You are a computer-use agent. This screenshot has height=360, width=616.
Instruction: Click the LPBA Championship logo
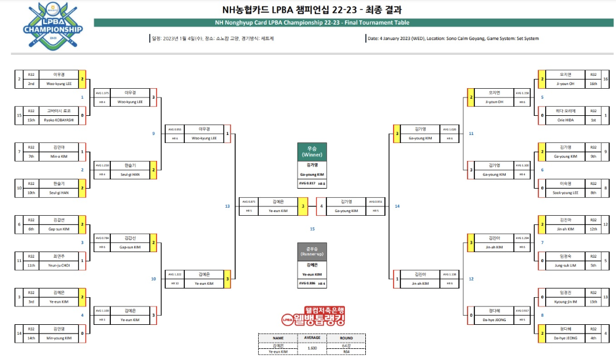point(52,25)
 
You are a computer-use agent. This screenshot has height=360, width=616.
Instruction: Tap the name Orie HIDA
point(565,120)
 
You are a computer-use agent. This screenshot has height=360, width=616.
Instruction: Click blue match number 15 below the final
point(312,229)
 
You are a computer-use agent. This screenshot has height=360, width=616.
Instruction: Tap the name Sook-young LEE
point(565,192)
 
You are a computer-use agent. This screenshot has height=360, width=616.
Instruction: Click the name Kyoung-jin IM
point(565,302)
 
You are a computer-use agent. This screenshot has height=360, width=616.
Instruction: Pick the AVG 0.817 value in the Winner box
point(308,184)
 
